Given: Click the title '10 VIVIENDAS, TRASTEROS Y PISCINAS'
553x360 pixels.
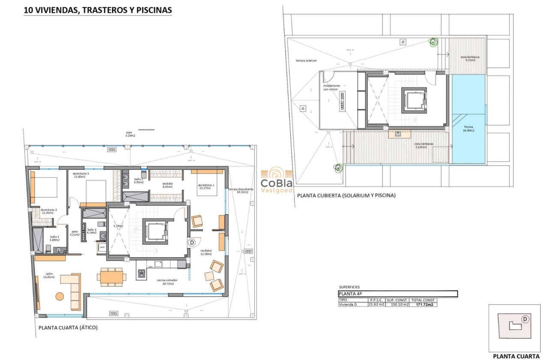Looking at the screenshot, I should pyautogui.click(x=97, y=10).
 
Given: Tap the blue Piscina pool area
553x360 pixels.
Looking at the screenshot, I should pyautogui.click(x=469, y=129).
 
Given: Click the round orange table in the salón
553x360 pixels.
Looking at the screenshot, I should pyautogui.click(x=60, y=296).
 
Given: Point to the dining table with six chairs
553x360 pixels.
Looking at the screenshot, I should pyautogui.click(x=111, y=277).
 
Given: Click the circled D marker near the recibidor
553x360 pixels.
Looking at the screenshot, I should pyautogui.click(x=192, y=242).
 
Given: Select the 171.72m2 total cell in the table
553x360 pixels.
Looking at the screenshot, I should pyautogui.click(x=424, y=305).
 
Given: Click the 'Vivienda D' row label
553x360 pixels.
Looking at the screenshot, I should pyautogui.click(x=348, y=305).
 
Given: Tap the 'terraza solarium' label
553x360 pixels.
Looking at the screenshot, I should pyautogui.click(x=306, y=60).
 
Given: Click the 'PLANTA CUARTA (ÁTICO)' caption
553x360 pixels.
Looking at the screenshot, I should pyautogui.click(x=68, y=328).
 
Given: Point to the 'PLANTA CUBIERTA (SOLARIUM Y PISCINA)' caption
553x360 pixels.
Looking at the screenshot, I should pyautogui.click(x=346, y=195).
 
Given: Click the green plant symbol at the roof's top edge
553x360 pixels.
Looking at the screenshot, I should pyautogui.click(x=433, y=42).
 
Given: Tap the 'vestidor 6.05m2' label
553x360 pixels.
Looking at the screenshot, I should pyautogui.click(x=167, y=185).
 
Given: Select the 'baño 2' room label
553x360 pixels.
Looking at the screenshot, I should pyautogui.click(x=54, y=238).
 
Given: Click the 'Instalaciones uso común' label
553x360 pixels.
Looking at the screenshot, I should pyautogui.click(x=331, y=87).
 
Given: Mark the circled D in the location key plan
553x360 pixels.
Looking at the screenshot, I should pyautogui.click(x=525, y=319).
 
